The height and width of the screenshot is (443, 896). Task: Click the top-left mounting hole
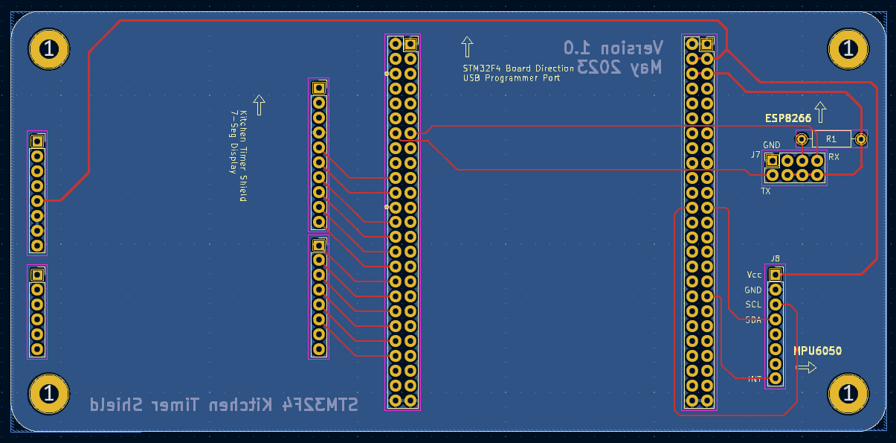click(49, 50)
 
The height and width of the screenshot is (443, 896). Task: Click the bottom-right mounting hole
click(848, 392)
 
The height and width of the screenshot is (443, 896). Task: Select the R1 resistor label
click(831, 138)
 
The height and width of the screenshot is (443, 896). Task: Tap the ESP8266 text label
click(788, 118)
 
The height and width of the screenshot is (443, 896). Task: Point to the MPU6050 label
click(817, 351)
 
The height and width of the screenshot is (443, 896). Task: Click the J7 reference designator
click(755, 155)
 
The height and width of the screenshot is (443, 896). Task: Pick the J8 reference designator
click(776, 258)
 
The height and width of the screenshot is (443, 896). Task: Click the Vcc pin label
click(754, 274)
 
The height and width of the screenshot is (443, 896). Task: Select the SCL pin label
click(753, 305)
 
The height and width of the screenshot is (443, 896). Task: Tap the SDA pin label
click(753, 319)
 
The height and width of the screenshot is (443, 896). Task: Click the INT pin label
click(754, 379)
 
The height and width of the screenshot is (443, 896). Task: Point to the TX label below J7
click(765, 191)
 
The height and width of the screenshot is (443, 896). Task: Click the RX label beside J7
click(834, 157)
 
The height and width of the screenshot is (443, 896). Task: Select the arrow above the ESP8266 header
click(820, 112)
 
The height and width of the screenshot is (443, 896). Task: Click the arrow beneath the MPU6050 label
click(807, 367)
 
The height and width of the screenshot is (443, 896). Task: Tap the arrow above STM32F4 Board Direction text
click(467, 47)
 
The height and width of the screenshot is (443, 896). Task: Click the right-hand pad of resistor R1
click(860, 138)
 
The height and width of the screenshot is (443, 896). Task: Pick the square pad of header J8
click(776, 275)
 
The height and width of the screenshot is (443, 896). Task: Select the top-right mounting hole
click(848, 50)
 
